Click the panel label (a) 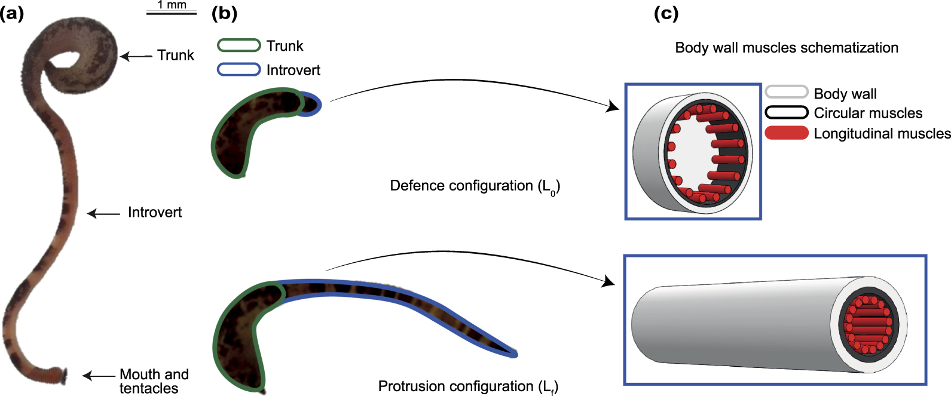point(12,13)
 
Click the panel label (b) point(224,13)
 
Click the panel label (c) point(666,13)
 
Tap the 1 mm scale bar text point(172,5)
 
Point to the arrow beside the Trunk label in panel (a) point(136,56)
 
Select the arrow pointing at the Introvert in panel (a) point(103,213)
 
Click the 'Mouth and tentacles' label point(154,381)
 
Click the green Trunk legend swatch point(239,45)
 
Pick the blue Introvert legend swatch point(239,69)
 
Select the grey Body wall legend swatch point(787,93)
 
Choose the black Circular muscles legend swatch point(787,112)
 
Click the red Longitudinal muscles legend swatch point(787,133)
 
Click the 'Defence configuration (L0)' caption point(475,186)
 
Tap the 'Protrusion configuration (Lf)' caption point(468,387)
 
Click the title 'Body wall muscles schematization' point(787,48)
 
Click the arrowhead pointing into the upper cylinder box point(612,108)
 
